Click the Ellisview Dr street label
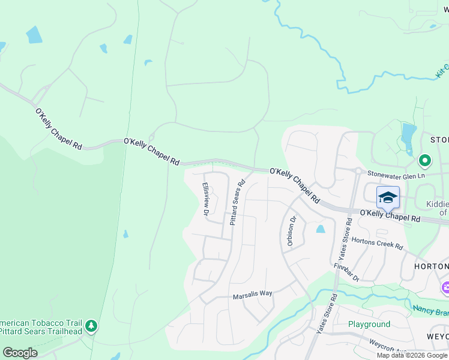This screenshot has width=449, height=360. [205, 199]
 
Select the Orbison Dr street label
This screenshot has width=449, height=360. [292, 231]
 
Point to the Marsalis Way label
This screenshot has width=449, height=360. [253, 294]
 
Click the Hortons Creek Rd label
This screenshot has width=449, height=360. [377, 243]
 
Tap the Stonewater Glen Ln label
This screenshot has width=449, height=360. [396, 175]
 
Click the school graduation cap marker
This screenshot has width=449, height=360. [388, 197]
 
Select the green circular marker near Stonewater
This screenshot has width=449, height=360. [424, 161]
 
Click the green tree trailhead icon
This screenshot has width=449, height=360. [91, 326]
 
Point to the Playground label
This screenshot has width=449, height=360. [369, 324]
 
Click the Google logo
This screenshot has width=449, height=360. [20, 353]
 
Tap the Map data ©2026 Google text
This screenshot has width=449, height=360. [412, 355]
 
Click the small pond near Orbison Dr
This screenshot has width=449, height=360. [320, 229]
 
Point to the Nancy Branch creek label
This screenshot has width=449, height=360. [430, 311]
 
